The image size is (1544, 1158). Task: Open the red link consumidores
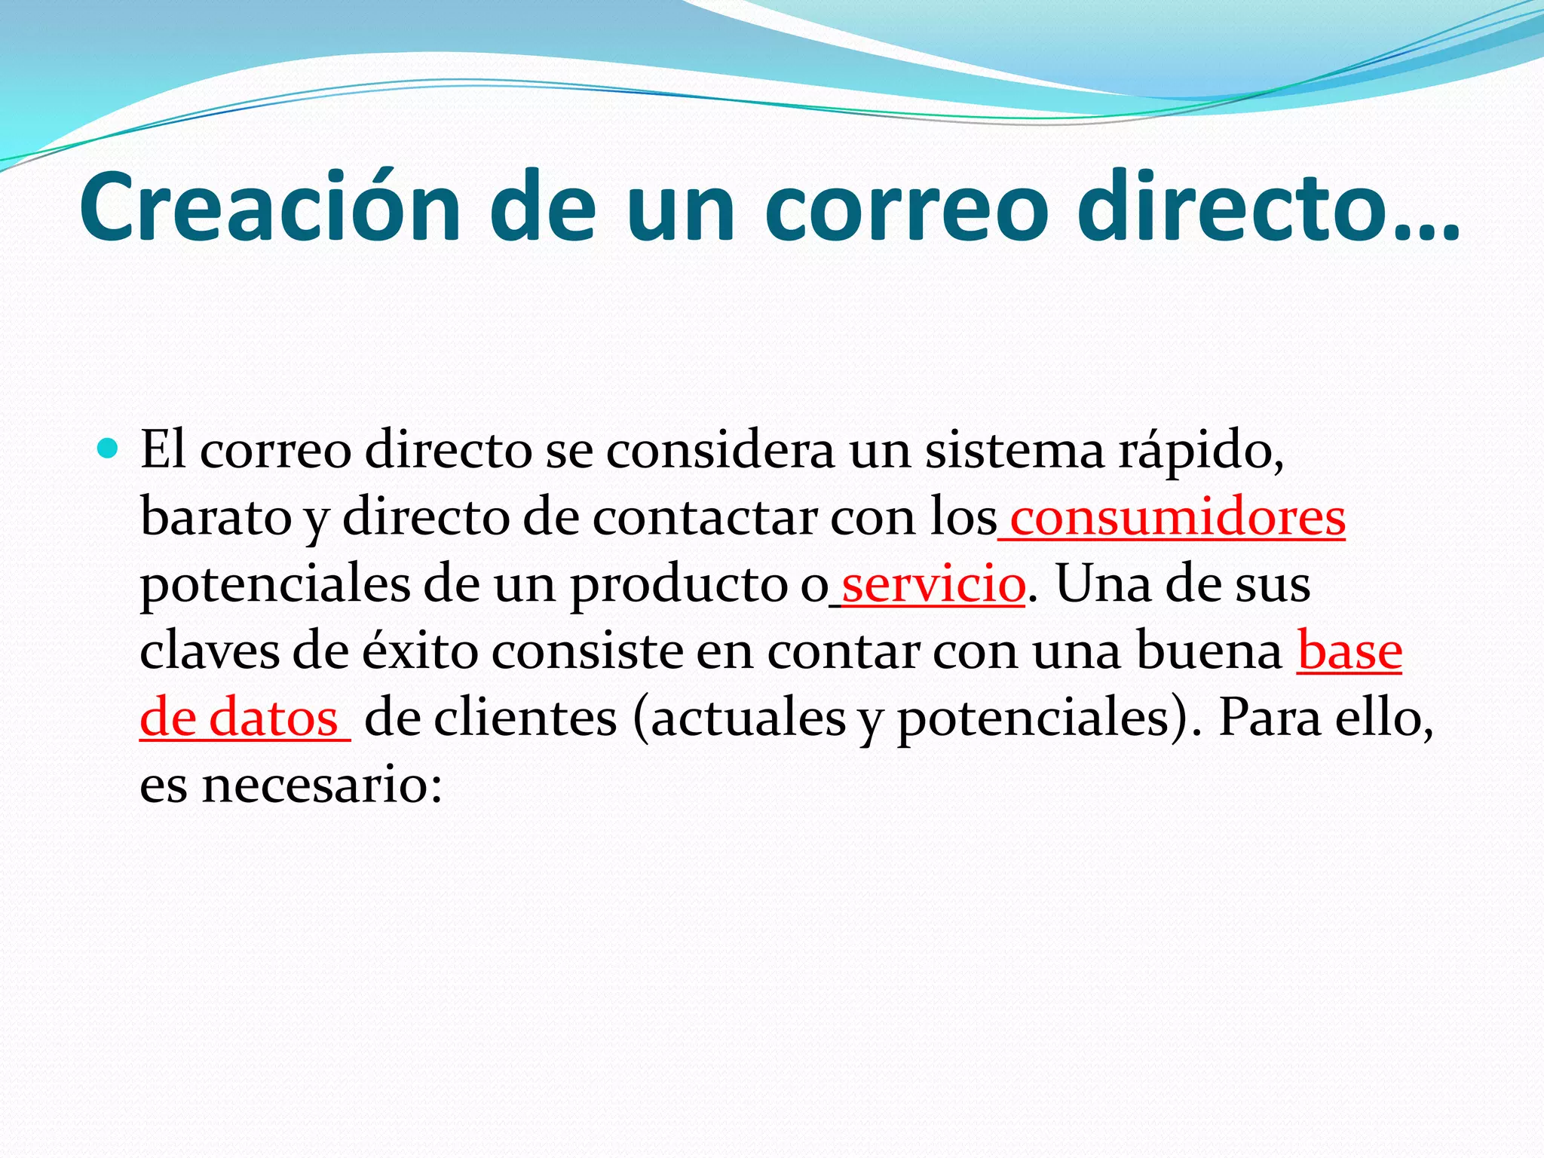click(x=1177, y=519)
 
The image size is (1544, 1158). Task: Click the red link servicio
click(x=933, y=585)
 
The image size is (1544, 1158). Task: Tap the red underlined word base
click(x=1349, y=651)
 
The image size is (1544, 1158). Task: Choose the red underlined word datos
click(x=273, y=718)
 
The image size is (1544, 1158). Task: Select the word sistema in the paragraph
click(x=1014, y=451)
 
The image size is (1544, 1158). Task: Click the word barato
click(x=216, y=519)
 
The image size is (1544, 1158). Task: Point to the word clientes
click(x=525, y=718)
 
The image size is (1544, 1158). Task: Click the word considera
click(x=720, y=451)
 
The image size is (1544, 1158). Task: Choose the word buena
click(x=1209, y=651)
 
